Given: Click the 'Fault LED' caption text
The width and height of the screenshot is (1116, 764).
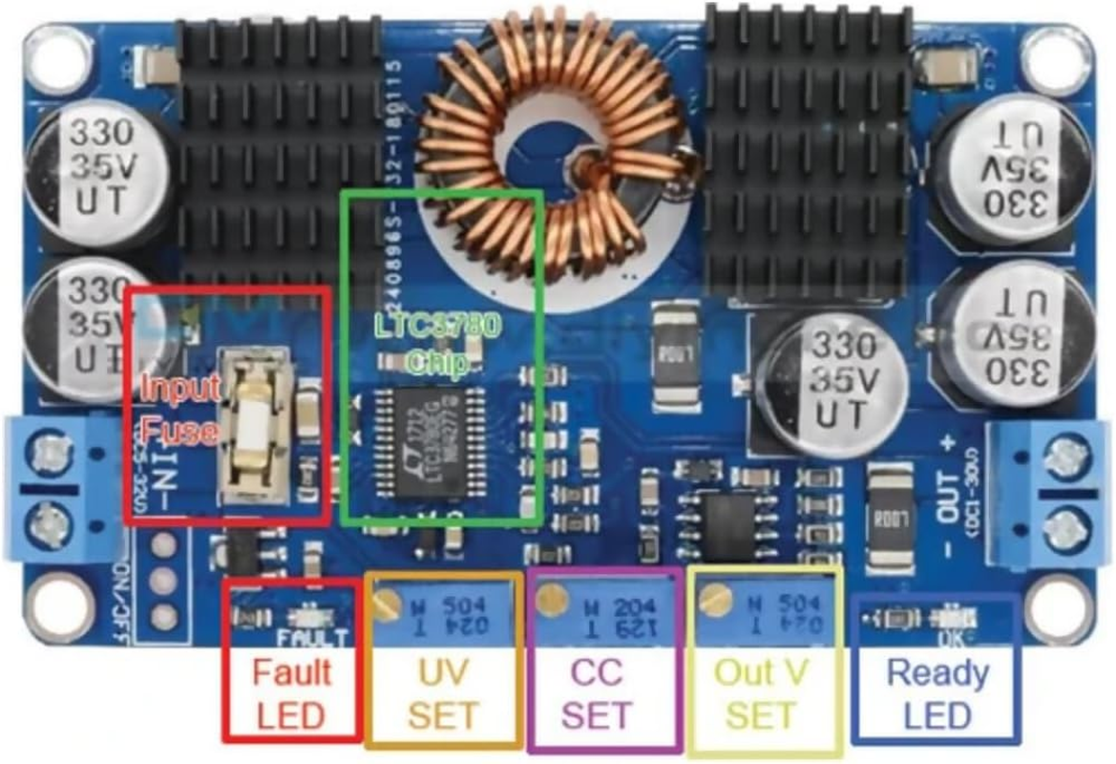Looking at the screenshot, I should [291, 693].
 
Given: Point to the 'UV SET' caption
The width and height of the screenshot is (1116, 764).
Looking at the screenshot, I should [444, 693].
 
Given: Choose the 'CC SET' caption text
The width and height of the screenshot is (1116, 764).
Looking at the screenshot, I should [603, 693].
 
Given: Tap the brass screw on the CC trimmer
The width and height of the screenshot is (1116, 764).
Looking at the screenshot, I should [547, 599].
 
